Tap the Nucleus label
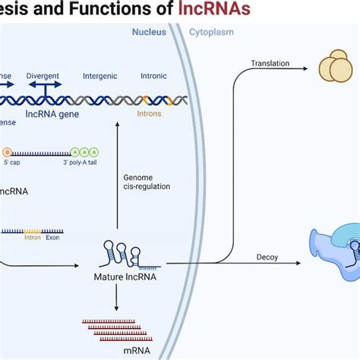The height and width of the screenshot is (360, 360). pos(149,33)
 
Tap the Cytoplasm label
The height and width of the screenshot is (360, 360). pos(210,33)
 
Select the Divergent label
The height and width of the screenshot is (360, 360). pos(44,77)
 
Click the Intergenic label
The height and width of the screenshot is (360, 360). pos(100,77)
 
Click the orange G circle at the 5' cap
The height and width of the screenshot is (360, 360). pos(8,131)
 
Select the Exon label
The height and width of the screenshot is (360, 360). pos(53,237)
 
